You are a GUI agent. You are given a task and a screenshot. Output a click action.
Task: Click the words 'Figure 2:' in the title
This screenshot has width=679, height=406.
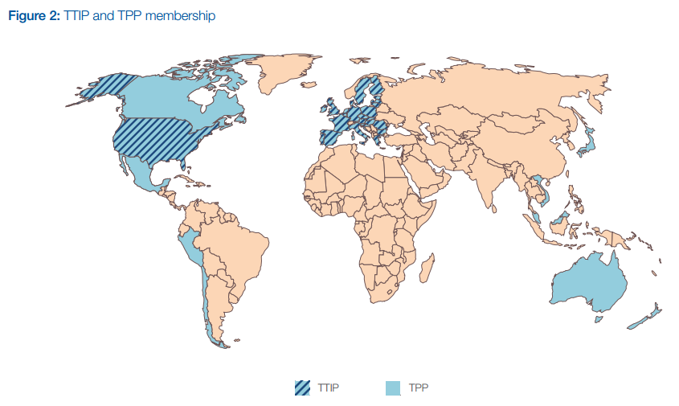click(x=32, y=15)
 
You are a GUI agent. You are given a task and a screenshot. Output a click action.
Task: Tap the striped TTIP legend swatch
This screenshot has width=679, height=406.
click(x=302, y=388)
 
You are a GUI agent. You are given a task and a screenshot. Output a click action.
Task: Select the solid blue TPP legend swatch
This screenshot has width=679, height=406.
click(x=392, y=388)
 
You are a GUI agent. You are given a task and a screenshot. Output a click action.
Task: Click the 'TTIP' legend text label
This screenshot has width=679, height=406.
click(x=329, y=388)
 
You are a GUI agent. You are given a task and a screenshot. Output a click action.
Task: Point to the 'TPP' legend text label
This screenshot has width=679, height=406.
click(x=418, y=388)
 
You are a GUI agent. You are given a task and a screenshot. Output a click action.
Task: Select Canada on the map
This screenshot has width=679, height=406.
click(x=161, y=96)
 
